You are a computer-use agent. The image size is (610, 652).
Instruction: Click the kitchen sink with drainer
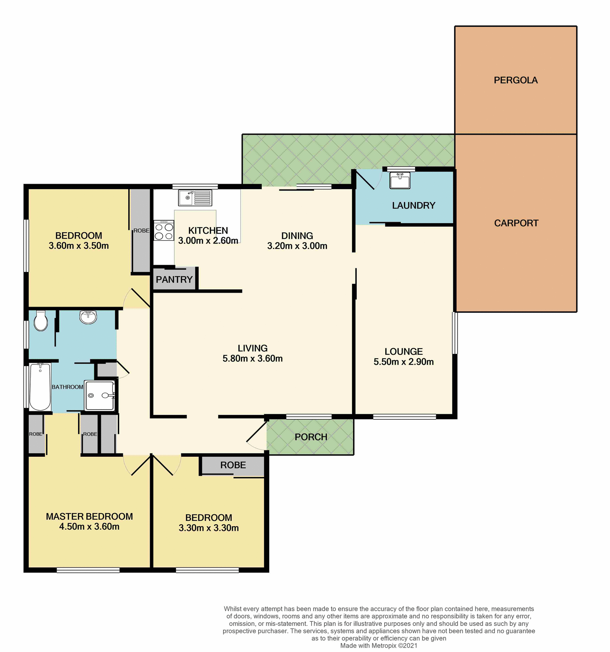point(195,198)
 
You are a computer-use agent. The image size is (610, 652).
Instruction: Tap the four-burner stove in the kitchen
point(164,231)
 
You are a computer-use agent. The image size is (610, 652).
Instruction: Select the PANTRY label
point(174,279)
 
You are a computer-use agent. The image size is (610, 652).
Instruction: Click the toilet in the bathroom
point(41,321)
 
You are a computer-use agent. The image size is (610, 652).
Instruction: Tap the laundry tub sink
point(400,180)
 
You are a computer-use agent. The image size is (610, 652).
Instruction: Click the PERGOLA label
point(515,80)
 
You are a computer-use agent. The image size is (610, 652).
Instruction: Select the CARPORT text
point(516,223)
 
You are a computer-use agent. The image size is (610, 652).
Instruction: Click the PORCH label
point(311,437)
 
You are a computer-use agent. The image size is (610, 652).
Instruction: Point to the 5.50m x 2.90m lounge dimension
point(404,362)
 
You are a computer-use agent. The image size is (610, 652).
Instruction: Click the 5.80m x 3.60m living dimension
point(253,359)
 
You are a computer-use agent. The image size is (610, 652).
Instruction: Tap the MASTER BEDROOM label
point(89,517)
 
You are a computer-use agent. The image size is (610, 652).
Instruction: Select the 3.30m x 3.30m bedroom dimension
point(208,528)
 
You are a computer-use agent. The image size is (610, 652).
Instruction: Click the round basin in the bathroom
point(88,317)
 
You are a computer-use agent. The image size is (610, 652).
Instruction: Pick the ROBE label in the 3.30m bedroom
point(233,465)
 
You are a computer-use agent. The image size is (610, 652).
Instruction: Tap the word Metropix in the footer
point(384,646)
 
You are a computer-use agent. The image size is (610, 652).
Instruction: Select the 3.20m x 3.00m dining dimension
point(297,246)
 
